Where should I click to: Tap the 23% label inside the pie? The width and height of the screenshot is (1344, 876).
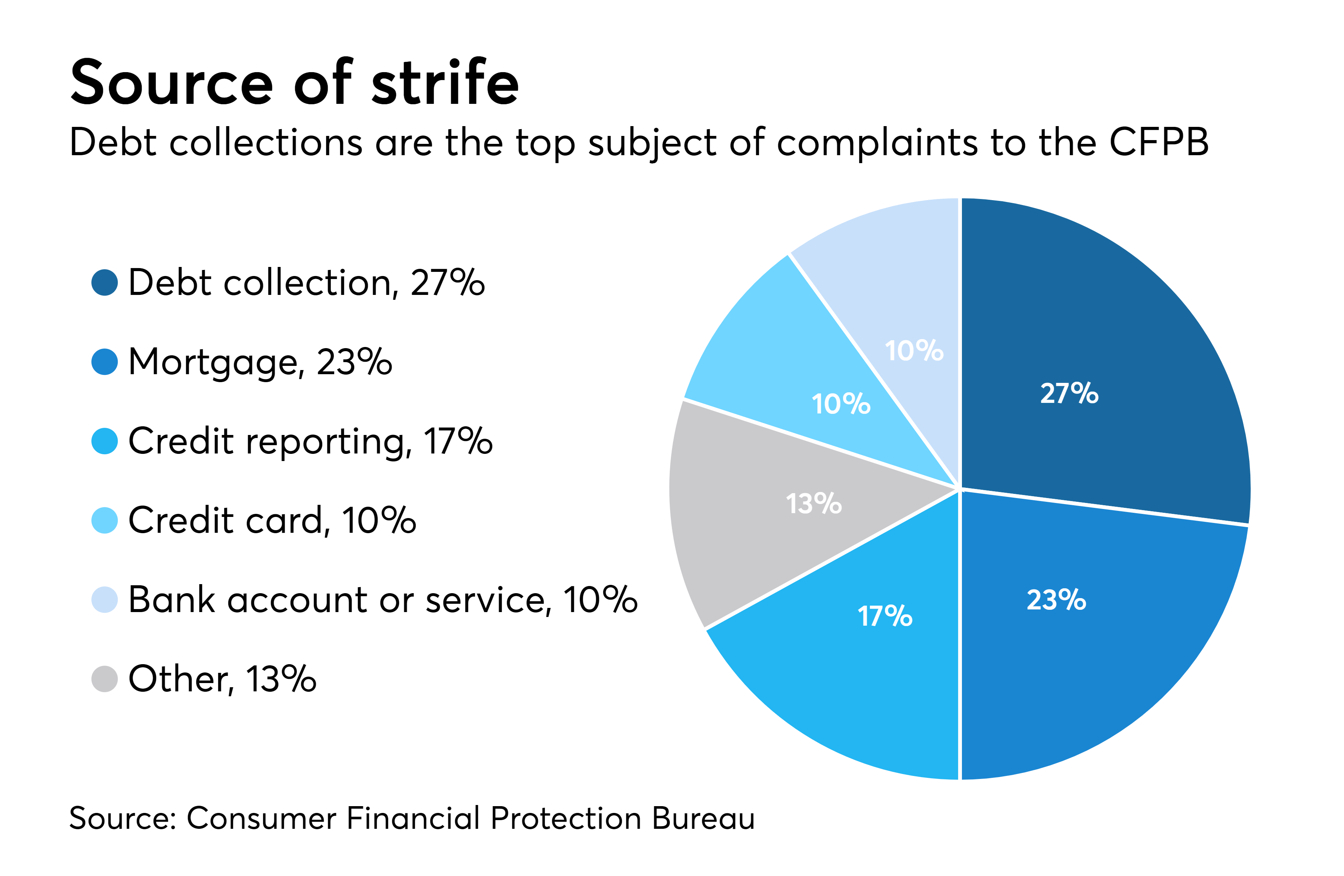click(x=1056, y=600)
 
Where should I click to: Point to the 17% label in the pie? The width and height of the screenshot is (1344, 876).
click(x=885, y=615)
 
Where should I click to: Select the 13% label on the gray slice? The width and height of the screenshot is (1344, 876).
click(x=814, y=503)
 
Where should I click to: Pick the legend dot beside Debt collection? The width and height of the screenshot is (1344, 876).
click(x=105, y=282)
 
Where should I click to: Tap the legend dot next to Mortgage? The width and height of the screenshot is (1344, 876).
click(x=105, y=361)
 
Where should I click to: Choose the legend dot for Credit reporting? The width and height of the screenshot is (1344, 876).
click(x=105, y=441)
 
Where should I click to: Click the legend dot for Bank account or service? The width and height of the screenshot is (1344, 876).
click(x=105, y=599)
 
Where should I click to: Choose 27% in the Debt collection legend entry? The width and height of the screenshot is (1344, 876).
click(x=447, y=282)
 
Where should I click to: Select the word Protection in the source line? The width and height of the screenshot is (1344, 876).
click(x=566, y=818)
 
